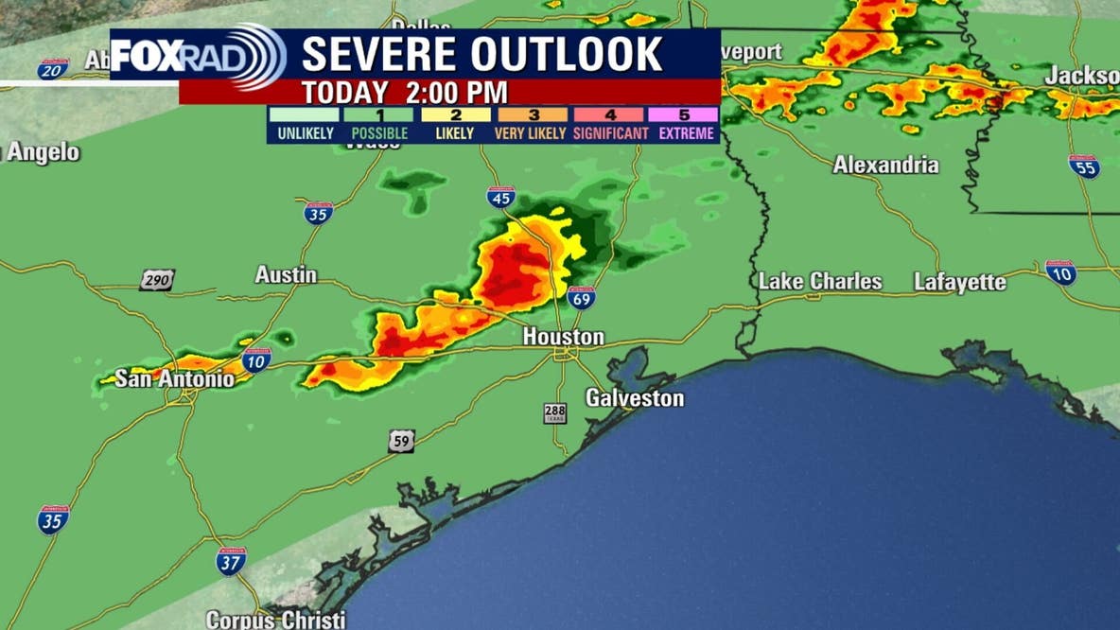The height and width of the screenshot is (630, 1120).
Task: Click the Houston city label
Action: [564, 337]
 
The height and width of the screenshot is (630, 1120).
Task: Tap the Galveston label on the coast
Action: [634, 398]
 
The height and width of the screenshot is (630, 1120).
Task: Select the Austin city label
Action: [286, 274]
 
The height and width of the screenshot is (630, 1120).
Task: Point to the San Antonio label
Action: [174, 379]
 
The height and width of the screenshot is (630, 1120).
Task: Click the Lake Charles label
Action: [820, 282]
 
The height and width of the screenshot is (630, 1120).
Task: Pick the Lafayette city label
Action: [960, 282]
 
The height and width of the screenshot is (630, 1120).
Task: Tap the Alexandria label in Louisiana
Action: [885, 165]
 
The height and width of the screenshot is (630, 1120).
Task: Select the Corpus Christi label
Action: [275, 621]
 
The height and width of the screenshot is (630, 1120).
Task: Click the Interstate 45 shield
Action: [501, 197]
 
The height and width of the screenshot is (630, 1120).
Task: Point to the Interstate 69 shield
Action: [582, 298]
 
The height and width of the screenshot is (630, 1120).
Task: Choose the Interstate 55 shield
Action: [1084, 166]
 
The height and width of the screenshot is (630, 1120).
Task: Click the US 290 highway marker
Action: [157, 280]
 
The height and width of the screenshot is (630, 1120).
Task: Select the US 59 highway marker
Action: [400, 440]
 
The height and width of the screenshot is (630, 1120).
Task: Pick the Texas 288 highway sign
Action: [555, 413]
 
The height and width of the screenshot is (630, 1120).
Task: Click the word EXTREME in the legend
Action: [687, 133]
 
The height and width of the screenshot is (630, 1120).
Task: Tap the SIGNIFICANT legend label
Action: [611, 133]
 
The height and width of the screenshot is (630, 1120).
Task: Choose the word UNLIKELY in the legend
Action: [306, 133]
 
